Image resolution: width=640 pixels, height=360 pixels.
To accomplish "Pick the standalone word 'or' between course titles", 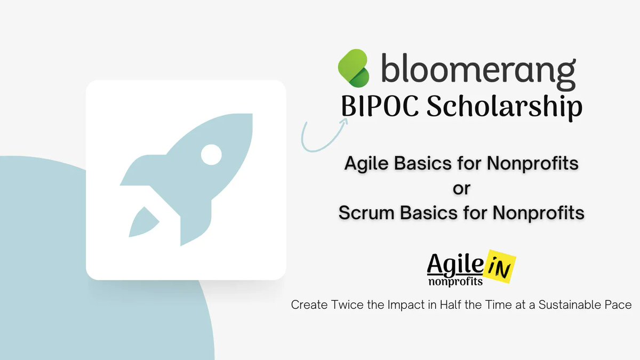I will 461,188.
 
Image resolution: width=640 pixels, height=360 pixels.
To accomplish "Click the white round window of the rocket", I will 211,155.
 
